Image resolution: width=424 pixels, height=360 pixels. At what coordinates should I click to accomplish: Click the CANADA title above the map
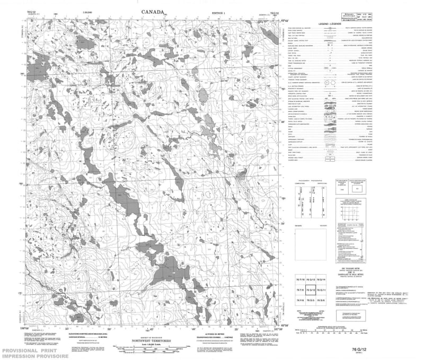(153, 12)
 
